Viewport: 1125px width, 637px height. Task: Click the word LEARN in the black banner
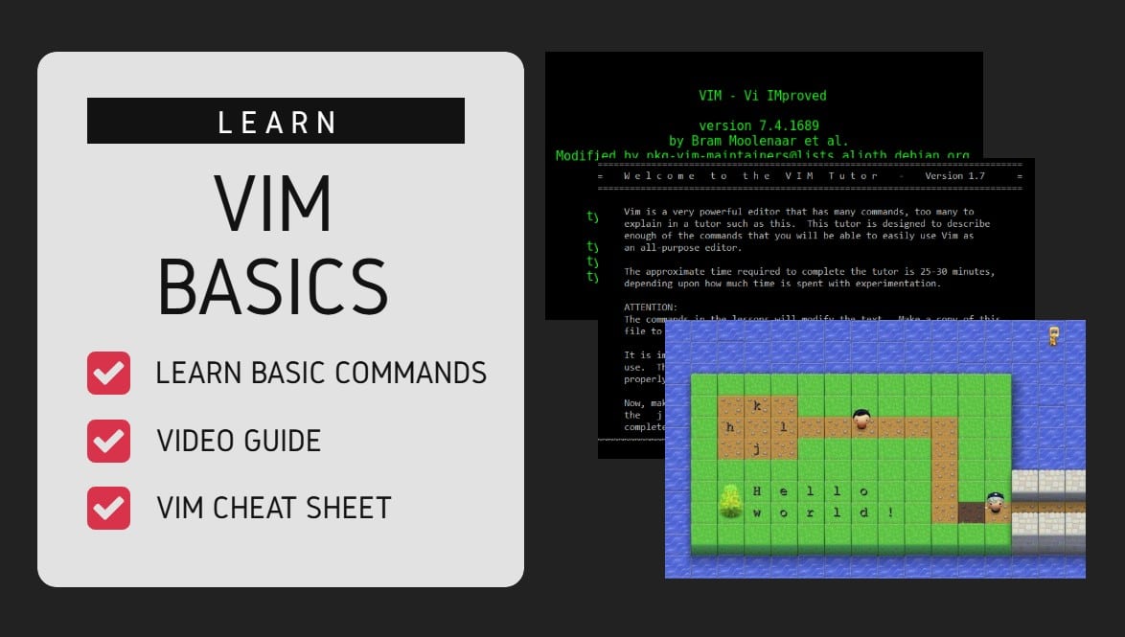point(276,122)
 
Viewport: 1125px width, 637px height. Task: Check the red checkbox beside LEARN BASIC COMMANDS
point(108,373)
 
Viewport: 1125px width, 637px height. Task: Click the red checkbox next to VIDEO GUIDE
point(108,440)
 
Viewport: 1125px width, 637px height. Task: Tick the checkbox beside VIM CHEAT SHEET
point(108,508)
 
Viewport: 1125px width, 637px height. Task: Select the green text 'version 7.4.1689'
point(759,125)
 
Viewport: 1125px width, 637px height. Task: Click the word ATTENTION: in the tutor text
point(650,307)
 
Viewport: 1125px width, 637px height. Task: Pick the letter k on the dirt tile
point(757,406)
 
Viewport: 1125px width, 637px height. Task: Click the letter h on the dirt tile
point(730,427)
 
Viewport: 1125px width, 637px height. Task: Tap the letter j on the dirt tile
point(757,448)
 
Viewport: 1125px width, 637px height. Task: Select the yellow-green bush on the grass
point(731,501)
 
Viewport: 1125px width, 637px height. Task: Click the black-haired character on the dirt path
point(861,420)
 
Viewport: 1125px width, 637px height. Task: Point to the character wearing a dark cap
point(996,502)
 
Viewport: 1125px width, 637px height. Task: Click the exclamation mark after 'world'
point(890,512)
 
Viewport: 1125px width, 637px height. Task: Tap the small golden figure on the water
point(1053,335)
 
